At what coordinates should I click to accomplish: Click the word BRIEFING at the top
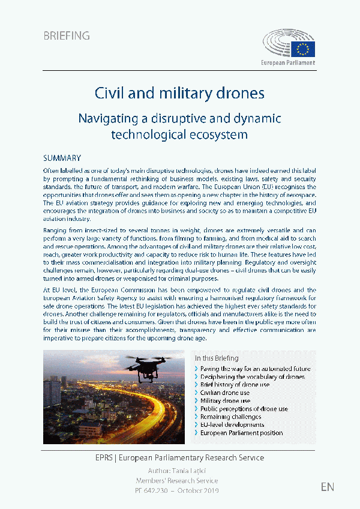[x=67, y=35]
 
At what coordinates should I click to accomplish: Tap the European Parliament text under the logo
[x=288, y=62]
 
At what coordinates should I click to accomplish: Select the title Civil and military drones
[x=179, y=93]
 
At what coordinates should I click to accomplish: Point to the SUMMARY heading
[x=62, y=158]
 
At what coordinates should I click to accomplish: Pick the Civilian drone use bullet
[x=226, y=393]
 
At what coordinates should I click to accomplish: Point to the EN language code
[x=328, y=486]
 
